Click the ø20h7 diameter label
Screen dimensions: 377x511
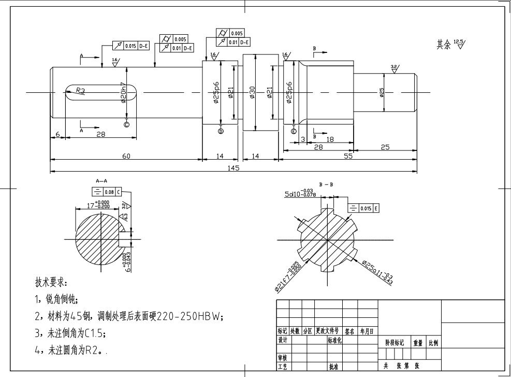(x=123, y=92)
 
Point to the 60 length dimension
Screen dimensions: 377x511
(x=126, y=156)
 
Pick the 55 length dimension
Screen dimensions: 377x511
(x=348, y=156)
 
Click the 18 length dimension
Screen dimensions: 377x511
(x=330, y=139)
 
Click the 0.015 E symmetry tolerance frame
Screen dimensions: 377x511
(x=363, y=208)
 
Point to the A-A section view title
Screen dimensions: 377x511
(x=101, y=181)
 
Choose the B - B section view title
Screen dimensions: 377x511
(x=326, y=184)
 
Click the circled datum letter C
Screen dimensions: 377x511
(x=127, y=124)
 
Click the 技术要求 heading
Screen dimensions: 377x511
(x=51, y=283)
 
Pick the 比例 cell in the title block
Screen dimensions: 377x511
(x=433, y=343)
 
